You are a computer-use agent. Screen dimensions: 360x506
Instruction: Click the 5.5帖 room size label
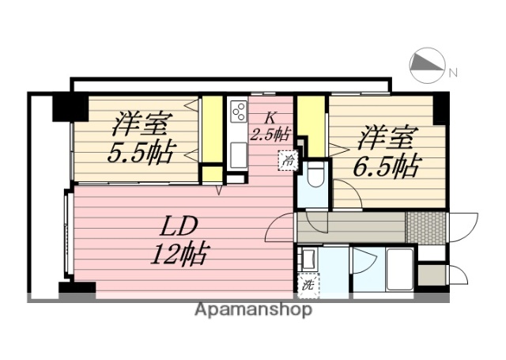(x=142, y=150)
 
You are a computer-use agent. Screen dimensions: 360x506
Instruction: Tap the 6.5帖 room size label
(x=387, y=165)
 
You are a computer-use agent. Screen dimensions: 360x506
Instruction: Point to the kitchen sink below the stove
(x=237, y=153)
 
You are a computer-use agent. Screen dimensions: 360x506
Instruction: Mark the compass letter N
(x=453, y=73)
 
